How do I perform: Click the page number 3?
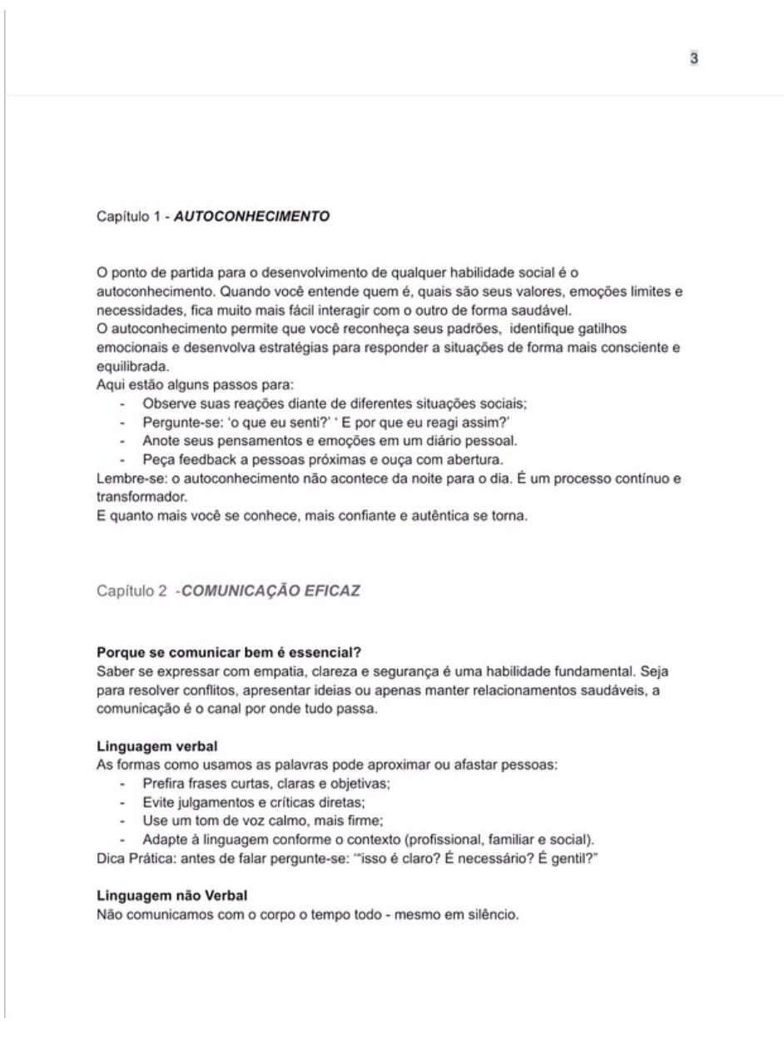pyautogui.click(x=693, y=58)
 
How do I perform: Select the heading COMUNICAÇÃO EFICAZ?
pyautogui.click(x=271, y=591)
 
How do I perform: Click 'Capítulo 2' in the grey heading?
pyautogui.click(x=132, y=591)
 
